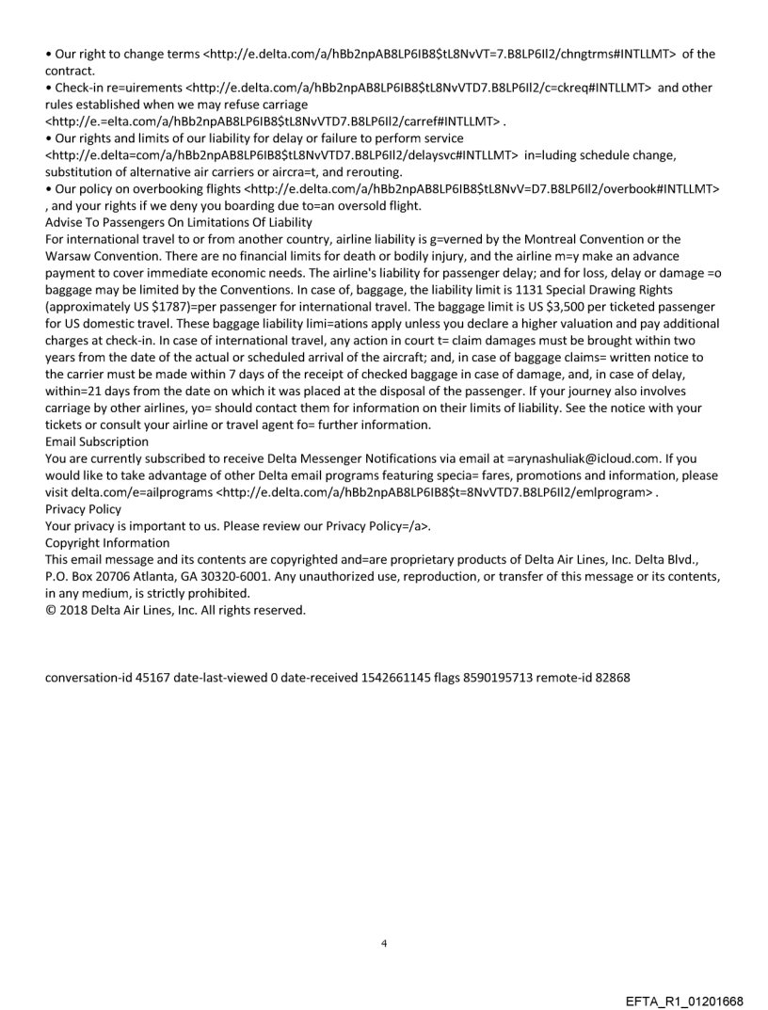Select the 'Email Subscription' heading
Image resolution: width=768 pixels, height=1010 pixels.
tap(97, 441)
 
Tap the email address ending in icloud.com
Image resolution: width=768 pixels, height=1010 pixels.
tap(584, 458)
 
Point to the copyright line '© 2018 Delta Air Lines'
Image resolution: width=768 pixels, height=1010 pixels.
tap(162, 611)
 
